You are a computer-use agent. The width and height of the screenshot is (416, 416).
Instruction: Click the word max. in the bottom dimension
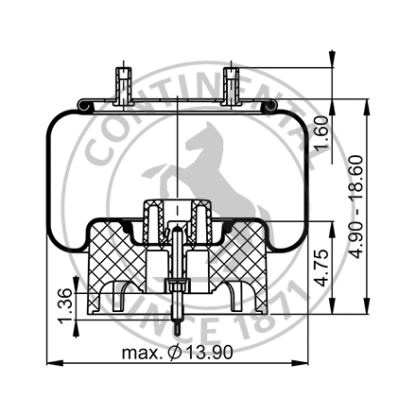click(x=141, y=353)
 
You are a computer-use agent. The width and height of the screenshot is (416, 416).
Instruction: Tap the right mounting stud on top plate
click(x=232, y=83)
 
